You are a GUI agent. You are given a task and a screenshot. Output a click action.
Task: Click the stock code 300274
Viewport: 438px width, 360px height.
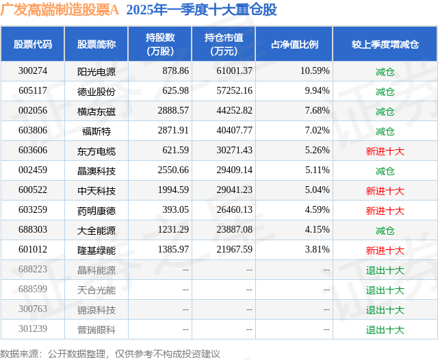tap(33, 71)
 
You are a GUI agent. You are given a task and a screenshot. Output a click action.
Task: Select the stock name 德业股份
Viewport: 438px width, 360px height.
tap(96, 91)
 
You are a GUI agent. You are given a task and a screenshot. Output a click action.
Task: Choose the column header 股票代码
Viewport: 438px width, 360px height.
tap(33, 44)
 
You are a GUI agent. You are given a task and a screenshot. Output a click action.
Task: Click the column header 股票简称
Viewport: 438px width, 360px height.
tap(96, 44)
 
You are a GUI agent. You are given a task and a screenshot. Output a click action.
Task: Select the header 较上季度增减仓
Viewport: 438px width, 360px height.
tap(385, 44)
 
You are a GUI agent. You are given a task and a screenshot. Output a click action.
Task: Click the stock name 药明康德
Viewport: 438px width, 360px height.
tap(96, 210)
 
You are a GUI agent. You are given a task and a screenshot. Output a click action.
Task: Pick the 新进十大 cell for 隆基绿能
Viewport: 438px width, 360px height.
tap(385, 250)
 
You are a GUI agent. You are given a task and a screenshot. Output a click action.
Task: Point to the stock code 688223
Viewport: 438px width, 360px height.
tap(33, 270)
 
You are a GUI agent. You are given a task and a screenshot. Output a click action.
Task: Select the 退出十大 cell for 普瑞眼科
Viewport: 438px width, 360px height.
tap(385, 330)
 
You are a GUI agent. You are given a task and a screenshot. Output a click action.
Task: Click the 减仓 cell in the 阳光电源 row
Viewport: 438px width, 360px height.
tap(385, 71)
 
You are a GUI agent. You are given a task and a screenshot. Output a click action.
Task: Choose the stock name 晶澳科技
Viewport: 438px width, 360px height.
tap(96, 170)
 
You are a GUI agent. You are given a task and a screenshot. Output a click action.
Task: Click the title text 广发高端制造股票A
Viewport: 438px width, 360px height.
tap(60, 10)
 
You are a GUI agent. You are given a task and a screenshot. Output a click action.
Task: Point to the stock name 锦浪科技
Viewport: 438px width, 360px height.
tap(96, 310)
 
